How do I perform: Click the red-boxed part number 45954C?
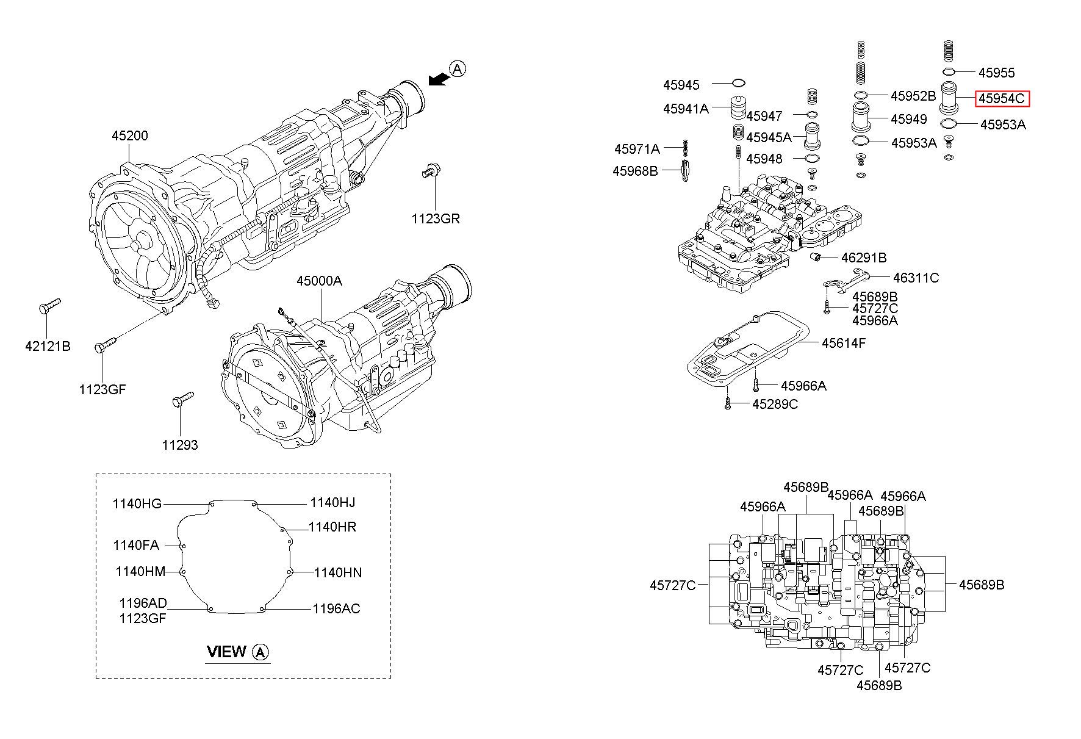tap(1002, 99)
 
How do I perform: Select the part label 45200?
tap(129, 135)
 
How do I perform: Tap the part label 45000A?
tap(319, 281)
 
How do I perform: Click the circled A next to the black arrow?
tap(457, 69)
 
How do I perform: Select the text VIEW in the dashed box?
tap(226, 652)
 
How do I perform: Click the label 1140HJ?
tap(332, 502)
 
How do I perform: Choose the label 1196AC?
tap(336, 608)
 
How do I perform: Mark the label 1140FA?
tap(136, 545)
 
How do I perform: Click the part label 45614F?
tap(844, 343)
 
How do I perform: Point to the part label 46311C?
tap(916, 278)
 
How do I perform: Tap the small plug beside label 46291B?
tap(814, 257)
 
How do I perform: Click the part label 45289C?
tap(775, 404)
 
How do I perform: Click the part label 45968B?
tap(635, 171)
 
